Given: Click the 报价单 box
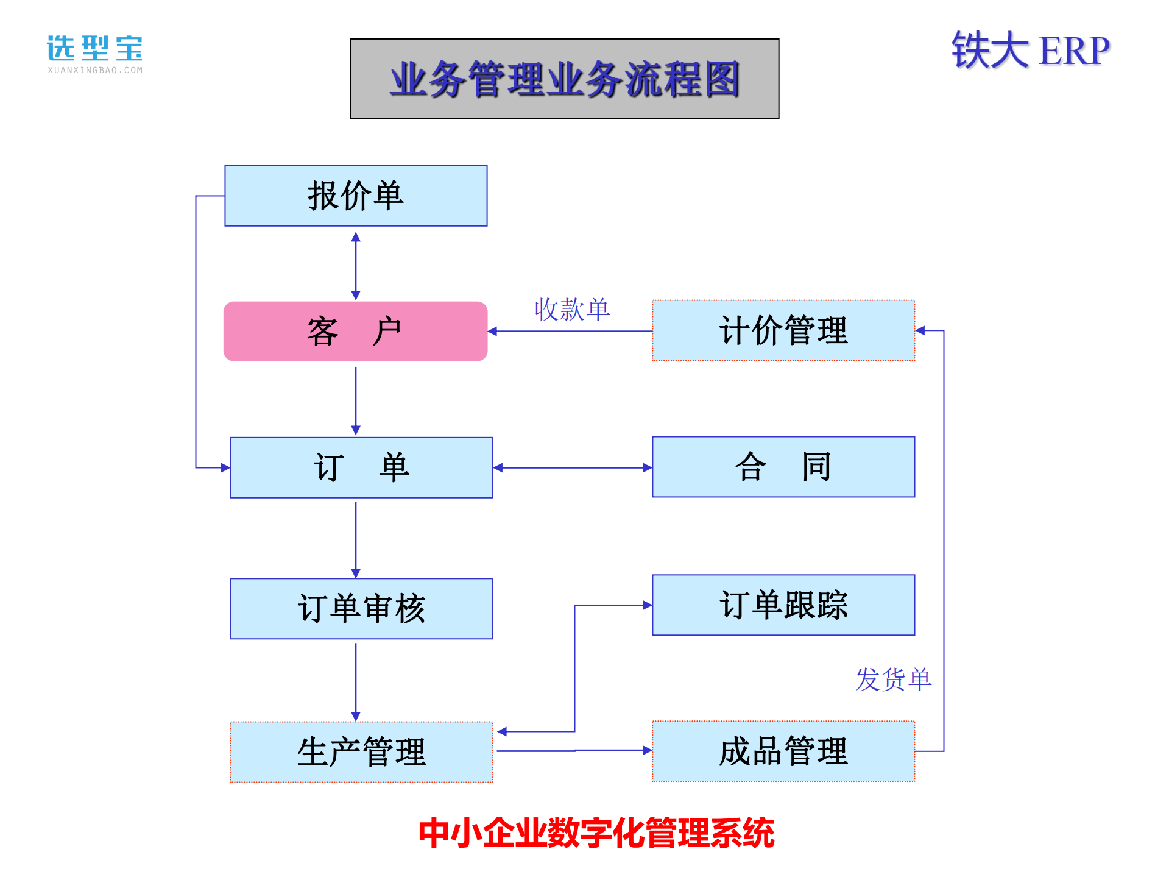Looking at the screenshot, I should coord(356,196).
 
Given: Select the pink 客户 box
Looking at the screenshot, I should coord(355,331).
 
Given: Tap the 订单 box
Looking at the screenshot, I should coord(361,467).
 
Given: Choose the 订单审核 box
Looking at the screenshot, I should coord(361,608).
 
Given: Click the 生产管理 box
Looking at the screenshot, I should coord(361,751).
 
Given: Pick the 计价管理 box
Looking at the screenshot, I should coord(783,330).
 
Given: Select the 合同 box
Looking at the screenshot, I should coord(783,467).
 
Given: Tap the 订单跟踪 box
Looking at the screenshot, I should coord(783,605).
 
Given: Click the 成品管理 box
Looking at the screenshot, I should coord(783,751).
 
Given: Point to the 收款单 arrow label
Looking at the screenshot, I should coord(572,310).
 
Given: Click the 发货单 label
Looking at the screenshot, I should coord(893,679).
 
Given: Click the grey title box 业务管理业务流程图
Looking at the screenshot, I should coord(564,79).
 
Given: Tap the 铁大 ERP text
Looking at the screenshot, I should coord(1031,51).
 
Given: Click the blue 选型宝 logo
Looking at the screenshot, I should coord(95,48).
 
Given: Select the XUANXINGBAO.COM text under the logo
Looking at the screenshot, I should coord(95,71).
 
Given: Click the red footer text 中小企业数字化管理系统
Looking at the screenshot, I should coord(596,833).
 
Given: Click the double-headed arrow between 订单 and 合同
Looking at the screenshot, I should coord(573,467).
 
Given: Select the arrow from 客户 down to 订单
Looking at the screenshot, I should coord(356,399).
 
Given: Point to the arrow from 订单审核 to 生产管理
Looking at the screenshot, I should coord(356,680).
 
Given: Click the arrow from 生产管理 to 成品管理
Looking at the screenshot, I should coord(573,751).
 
